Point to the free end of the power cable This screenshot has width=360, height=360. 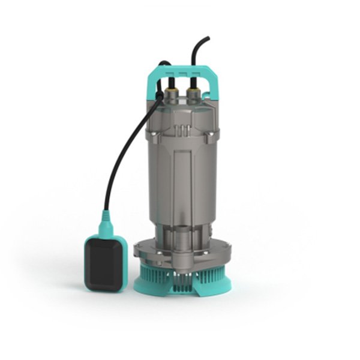[207, 39]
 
